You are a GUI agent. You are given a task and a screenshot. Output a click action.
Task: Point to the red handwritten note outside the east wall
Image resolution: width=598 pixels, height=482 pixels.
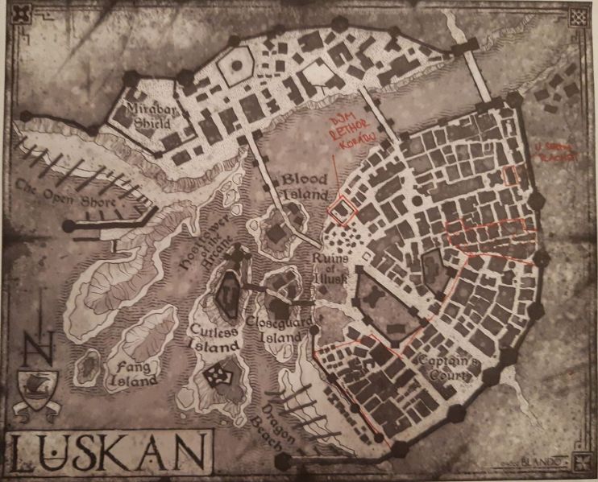pyautogui.click(x=557, y=153)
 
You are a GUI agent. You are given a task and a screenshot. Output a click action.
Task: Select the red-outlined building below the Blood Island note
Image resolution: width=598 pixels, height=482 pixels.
pyautogui.click(x=343, y=208)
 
